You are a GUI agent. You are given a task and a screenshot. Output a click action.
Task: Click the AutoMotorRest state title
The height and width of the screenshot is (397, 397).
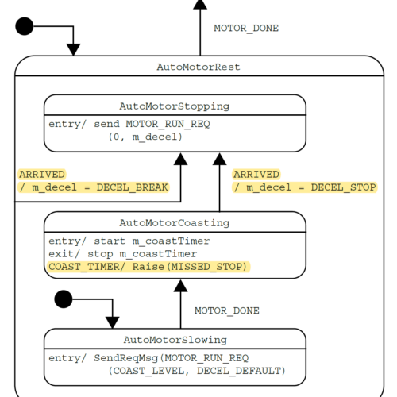pos(198,67)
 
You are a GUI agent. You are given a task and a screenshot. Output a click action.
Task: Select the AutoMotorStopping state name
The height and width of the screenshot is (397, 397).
pos(174,106)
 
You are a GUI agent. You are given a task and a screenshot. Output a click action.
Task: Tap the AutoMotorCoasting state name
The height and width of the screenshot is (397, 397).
pos(174,223)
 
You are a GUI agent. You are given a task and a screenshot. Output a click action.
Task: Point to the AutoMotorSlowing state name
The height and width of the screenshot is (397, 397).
pos(175,340)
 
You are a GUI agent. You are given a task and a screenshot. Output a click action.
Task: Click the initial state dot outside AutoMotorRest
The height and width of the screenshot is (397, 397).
pos(25,26)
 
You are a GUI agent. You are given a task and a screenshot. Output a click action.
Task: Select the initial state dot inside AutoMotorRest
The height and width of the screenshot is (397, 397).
pos(64,299)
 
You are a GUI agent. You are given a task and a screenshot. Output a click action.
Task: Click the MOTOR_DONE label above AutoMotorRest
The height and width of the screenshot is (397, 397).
pos(246,29)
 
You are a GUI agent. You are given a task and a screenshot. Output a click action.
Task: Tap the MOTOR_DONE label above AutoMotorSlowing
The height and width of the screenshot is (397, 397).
pos(227,310)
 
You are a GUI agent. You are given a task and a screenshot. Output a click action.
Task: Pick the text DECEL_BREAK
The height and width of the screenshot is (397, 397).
pos(132,187)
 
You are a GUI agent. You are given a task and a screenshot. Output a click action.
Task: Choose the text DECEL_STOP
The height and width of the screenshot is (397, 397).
pos(343,187)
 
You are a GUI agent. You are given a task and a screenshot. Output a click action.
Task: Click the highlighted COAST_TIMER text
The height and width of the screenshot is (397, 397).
pos(84,267)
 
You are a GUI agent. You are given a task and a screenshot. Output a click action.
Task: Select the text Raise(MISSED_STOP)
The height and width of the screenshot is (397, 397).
pos(189,267)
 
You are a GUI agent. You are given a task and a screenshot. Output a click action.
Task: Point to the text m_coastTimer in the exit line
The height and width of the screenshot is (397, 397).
pos(158,254)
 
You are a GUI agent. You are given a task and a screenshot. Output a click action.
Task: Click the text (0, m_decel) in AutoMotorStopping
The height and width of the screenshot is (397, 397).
pos(145,137)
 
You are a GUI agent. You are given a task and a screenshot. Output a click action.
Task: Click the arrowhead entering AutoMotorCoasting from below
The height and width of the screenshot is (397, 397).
pos(180,286)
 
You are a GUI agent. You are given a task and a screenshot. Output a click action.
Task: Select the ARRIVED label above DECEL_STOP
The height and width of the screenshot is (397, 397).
pos(256,175)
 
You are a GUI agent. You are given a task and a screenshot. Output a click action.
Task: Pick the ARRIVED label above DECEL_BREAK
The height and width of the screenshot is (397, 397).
pos(42,175)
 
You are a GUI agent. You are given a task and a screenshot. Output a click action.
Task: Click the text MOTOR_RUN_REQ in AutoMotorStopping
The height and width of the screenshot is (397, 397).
pos(168,124)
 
